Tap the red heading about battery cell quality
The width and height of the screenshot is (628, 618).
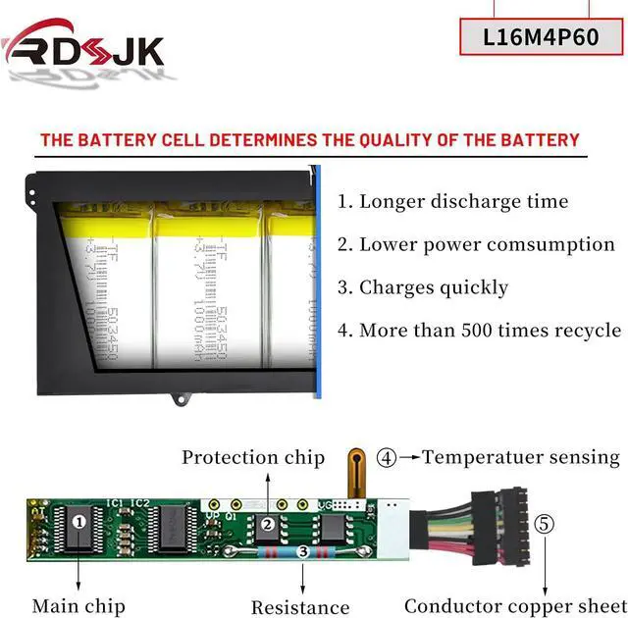click(x=309, y=140)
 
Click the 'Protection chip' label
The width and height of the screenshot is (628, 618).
click(x=252, y=458)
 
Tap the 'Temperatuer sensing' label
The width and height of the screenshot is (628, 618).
click(x=521, y=457)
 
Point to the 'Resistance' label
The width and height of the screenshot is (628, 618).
click(x=300, y=607)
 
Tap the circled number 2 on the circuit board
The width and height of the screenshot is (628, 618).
click(x=267, y=524)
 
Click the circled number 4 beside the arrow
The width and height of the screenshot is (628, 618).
click(x=389, y=457)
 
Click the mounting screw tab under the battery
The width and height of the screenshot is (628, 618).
click(x=181, y=399)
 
